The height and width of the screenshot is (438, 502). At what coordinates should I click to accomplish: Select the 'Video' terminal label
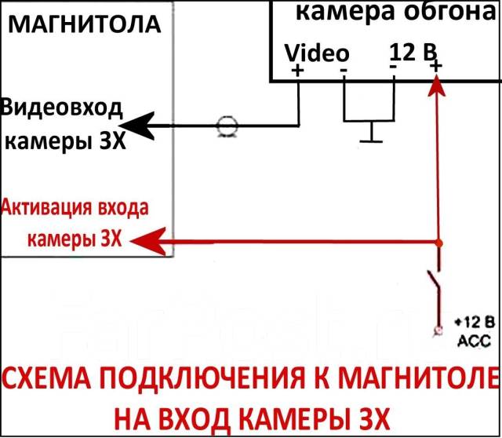pyautogui.click(x=317, y=53)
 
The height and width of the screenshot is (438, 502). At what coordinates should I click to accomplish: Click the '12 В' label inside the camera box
pyautogui.click(x=413, y=53)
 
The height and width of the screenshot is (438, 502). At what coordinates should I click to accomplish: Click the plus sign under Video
pyautogui.click(x=297, y=70)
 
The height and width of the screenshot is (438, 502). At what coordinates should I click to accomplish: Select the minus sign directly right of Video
pyautogui.click(x=344, y=69)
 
